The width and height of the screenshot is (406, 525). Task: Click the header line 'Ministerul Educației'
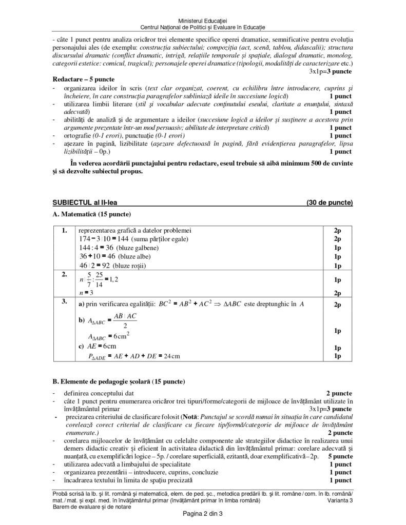coord(203,19)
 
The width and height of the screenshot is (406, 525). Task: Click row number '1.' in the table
coord(64,231)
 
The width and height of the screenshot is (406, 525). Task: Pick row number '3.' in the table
coord(64,302)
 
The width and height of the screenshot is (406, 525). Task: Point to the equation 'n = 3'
coord(86,293)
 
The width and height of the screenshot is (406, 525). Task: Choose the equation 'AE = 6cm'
coord(102,346)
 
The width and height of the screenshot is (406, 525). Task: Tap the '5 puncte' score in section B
coord(339,455)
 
